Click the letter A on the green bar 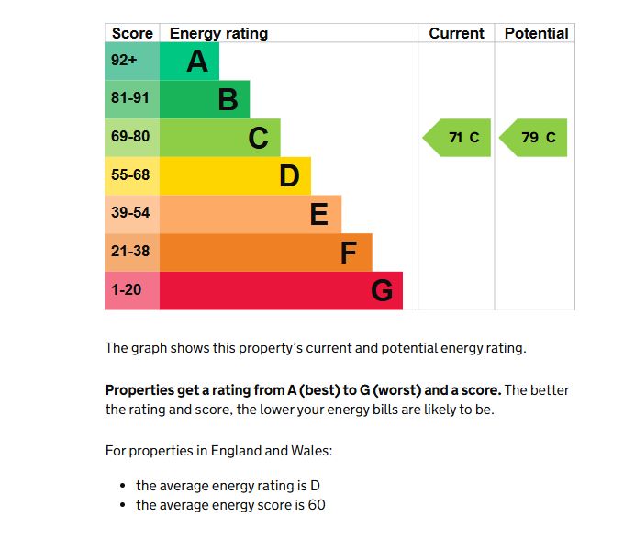tap(197, 62)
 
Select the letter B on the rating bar tap(228, 99)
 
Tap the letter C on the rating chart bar tap(259, 138)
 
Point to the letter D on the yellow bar tap(289, 175)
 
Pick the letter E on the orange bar tap(319, 214)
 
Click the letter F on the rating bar tap(349, 253)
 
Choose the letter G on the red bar tap(382, 291)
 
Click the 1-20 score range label tap(128, 290)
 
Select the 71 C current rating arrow tap(458, 138)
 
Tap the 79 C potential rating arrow tap(534, 138)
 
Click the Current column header tap(456, 33)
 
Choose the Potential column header tap(536, 33)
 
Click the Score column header tap(132, 33)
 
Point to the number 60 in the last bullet tap(317, 505)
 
